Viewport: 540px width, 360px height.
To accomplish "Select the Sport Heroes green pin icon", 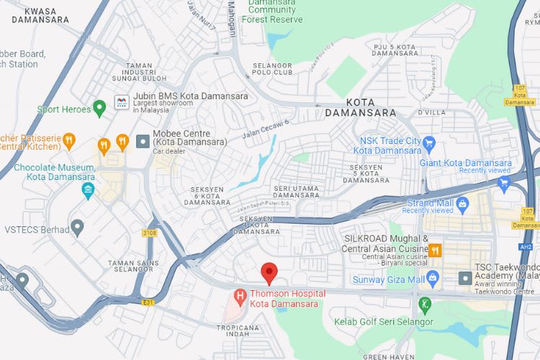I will pyautogui.click(x=100, y=109).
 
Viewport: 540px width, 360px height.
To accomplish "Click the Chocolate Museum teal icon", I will pyautogui.click(x=88, y=191).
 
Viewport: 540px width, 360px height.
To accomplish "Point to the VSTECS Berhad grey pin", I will pyautogui.click(x=78, y=229).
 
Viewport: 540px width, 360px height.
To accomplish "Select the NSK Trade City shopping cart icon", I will pyautogui.click(x=429, y=143).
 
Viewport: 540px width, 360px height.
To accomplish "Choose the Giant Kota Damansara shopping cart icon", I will pyautogui.click(x=503, y=184).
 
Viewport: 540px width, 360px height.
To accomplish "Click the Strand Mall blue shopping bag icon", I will pyautogui.click(x=462, y=203).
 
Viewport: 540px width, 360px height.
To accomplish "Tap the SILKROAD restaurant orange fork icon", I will pyautogui.click(x=435, y=251).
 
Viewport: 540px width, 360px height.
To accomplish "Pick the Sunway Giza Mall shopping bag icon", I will pyautogui.click(x=433, y=278).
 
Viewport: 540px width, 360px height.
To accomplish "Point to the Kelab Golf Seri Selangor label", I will pyautogui.click(x=383, y=320).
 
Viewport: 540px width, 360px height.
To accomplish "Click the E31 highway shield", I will pyautogui.click(x=148, y=302).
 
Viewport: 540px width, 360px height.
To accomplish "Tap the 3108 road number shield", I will pyautogui.click(x=149, y=233).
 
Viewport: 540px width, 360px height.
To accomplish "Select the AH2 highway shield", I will pyautogui.click(x=526, y=246).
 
